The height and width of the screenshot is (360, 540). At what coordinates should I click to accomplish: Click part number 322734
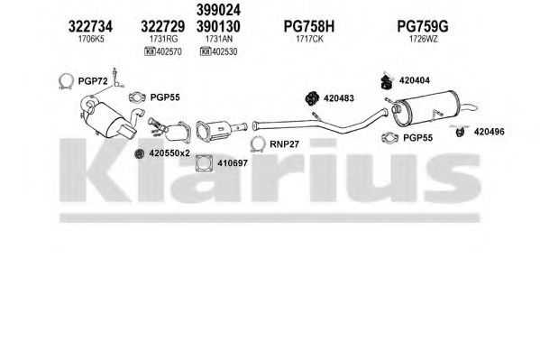(90, 26)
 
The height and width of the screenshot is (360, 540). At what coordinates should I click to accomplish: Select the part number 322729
(162, 26)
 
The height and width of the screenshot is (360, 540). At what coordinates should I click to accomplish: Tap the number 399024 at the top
(218, 10)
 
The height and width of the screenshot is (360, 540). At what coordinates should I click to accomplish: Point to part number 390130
(218, 26)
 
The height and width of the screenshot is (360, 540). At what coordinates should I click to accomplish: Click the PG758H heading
(309, 26)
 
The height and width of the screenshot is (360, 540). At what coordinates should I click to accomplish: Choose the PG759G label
(423, 26)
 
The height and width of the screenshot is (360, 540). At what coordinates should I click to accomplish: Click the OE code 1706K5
(91, 39)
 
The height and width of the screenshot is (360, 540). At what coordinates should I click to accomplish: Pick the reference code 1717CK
(309, 39)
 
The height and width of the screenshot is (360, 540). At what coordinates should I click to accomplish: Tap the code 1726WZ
(423, 39)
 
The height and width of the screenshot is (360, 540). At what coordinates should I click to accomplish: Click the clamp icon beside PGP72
(66, 82)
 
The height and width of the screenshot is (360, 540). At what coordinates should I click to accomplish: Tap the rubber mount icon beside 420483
(312, 98)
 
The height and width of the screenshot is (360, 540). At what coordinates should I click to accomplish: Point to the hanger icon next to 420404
(388, 81)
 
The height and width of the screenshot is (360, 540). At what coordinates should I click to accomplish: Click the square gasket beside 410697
(205, 163)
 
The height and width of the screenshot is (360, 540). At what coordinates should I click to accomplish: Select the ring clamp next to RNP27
(258, 144)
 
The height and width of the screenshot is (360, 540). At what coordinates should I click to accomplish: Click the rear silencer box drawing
(426, 107)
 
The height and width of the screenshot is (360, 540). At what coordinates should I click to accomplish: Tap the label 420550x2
(169, 153)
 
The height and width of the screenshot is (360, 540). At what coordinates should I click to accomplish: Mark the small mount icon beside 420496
(460, 132)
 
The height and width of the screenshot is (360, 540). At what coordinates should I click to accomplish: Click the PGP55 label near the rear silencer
(417, 138)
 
